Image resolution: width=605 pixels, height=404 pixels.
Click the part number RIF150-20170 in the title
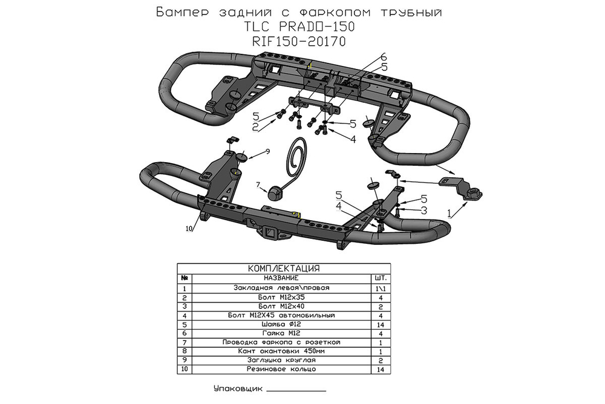click(x=299, y=42)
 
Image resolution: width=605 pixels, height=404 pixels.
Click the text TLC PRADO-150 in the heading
click(x=299, y=27)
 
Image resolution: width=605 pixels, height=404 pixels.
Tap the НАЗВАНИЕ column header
click(x=281, y=278)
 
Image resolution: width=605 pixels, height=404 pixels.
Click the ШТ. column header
click(x=381, y=278)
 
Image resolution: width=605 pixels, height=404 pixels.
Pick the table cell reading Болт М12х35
click(x=281, y=298)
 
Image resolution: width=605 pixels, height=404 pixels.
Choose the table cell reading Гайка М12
click(x=281, y=333)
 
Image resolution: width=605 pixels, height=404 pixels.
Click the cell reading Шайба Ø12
click(x=281, y=324)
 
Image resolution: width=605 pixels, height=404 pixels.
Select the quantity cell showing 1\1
click(x=381, y=288)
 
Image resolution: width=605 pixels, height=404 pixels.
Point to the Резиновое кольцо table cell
click(x=281, y=369)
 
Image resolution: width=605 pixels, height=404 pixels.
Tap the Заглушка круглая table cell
click(x=281, y=360)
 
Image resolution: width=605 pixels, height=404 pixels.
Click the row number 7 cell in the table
click(x=184, y=342)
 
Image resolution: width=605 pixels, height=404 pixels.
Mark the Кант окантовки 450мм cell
click(x=281, y=351)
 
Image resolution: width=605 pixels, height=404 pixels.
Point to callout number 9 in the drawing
click(x=267, y=150)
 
